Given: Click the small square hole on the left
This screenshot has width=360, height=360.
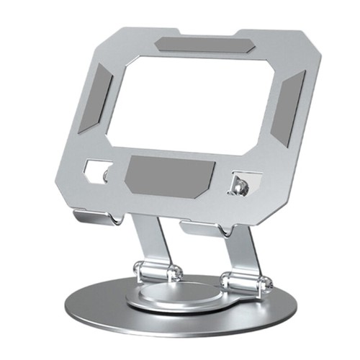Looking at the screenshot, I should click(95, 170).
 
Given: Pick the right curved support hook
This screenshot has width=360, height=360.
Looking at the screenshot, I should click(202, 229).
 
